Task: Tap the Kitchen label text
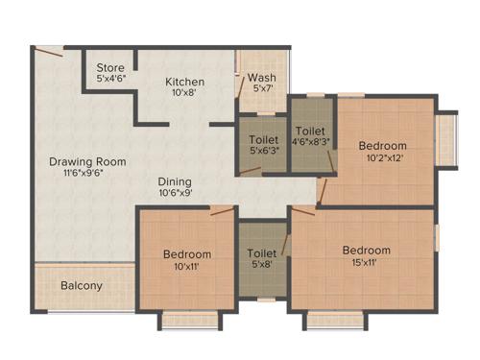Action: pos(184,81)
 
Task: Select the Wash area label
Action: pos(263,77)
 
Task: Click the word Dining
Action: pos(176,181)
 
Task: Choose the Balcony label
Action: pos(82,285)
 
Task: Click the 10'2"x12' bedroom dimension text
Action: pos(384,158)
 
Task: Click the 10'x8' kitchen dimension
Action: pos(184,93)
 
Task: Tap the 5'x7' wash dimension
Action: pos(263,89)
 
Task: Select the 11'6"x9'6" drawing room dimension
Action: pos(83,174)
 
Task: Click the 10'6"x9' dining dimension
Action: pos(176,193)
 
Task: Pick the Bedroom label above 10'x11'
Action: pos(186,253)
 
